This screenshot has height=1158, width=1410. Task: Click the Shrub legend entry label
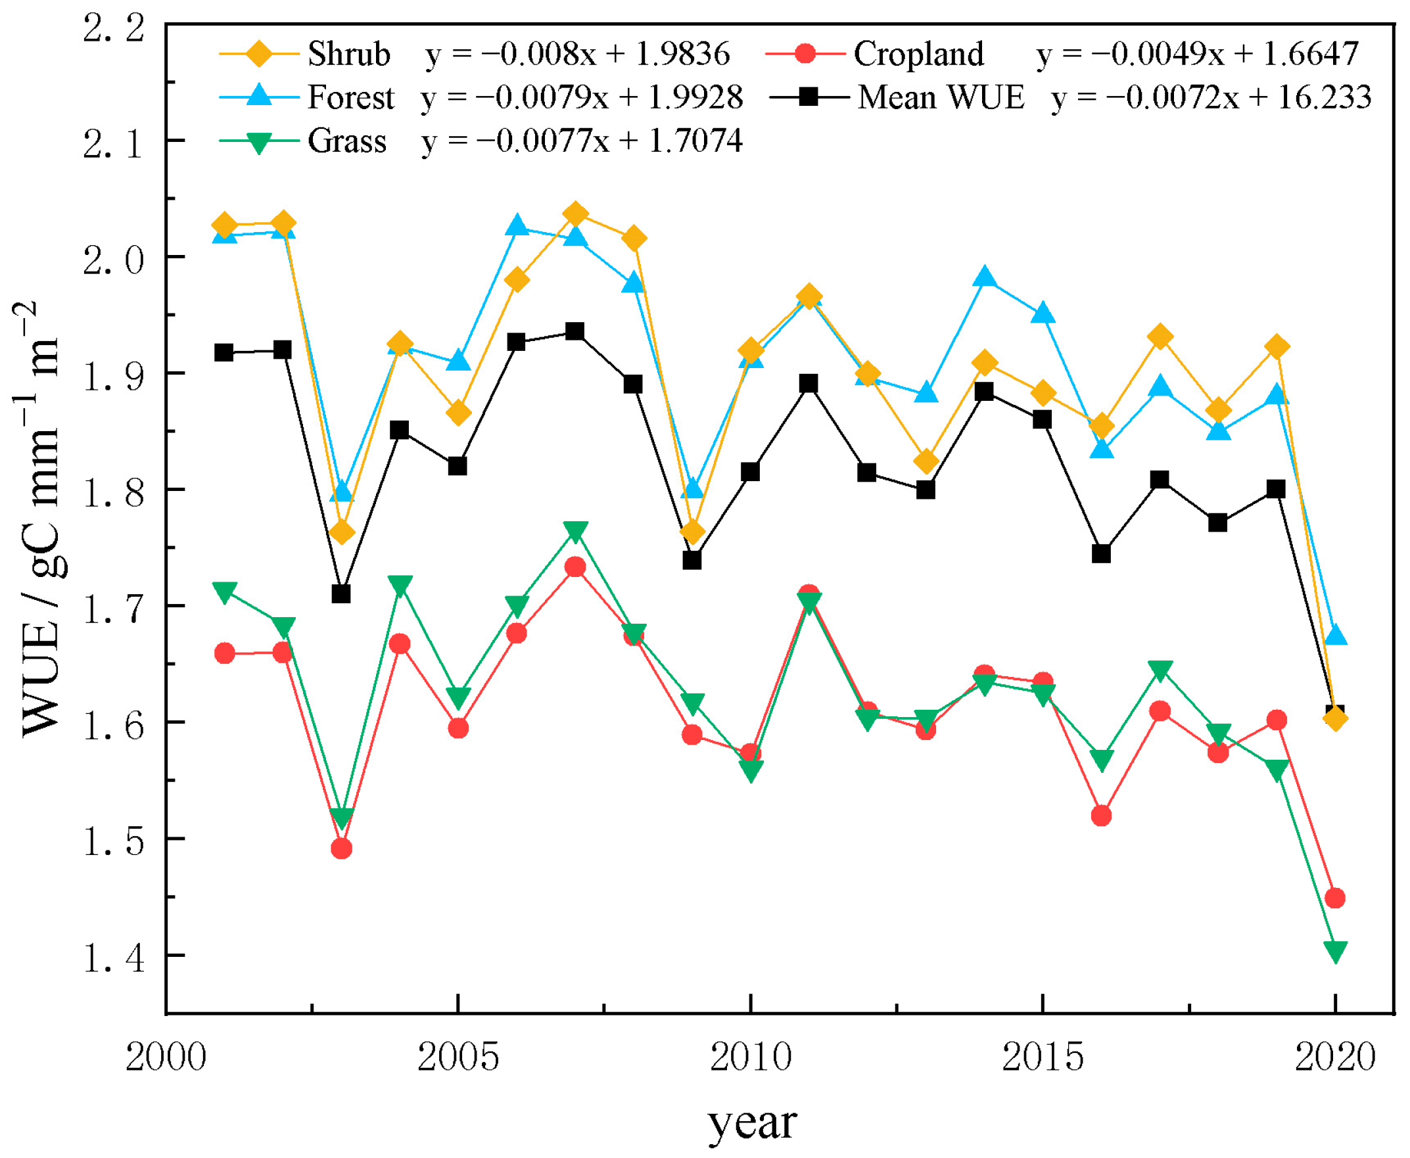(348, 54)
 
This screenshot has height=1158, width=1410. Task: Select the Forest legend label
(350, 97)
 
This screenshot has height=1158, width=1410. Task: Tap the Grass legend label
(346, 141)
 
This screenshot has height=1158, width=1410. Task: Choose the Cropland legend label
(918, 54)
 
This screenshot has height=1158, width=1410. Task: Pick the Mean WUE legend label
(940, 97)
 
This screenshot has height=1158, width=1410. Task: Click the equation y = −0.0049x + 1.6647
(1197, 54)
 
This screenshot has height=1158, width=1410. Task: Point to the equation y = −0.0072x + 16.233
(1211, 97)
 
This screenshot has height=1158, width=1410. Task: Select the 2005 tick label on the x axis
(458, 1058)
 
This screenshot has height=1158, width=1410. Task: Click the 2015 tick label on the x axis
(1043, 1058)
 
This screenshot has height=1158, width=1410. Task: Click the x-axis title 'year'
(752, 1123)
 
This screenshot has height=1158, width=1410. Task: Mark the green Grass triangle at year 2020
(1334, 951)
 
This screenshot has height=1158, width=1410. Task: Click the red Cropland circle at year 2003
(342, 849)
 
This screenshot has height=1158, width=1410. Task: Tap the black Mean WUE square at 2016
(1101, 553)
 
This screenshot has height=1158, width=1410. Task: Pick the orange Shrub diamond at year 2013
(926, 461)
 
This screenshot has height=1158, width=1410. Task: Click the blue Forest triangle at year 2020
(1334, 635)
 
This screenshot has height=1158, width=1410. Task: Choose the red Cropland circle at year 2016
(1101, 816)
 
